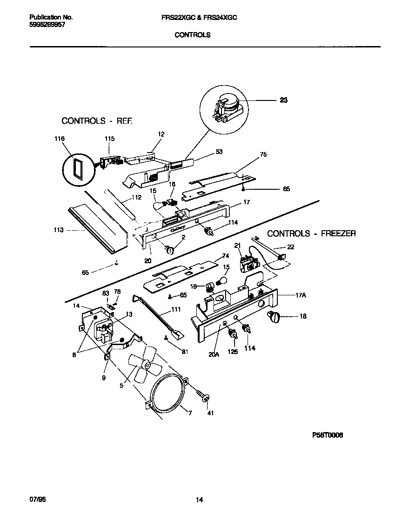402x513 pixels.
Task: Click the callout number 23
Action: coord(283,100)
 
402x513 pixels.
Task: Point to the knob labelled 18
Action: coord(273,317)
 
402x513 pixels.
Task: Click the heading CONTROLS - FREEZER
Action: coord(311,233)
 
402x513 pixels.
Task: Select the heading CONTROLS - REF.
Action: coord(97,121)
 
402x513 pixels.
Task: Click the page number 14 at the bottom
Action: coord(199,500)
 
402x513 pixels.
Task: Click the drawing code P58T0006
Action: coord(327,436)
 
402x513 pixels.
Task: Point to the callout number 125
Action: coord(232,352)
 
